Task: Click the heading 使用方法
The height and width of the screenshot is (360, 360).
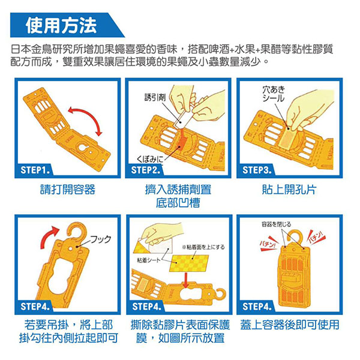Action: coord(61,25)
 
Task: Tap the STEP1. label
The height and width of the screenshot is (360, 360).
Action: coord(35,170)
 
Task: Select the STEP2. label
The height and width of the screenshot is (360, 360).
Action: coord(145,170)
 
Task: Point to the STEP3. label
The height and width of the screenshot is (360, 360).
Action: coord(257,170)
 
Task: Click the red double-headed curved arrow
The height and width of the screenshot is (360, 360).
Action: coord(87,114)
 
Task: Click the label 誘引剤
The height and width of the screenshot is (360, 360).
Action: coord(155,97)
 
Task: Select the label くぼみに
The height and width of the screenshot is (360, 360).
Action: coord(149,159)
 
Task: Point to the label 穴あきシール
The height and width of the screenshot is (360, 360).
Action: coord(274,94)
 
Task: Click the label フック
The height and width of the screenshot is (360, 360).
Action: coord(101,239)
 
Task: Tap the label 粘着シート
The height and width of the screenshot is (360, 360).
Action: coord(148,260)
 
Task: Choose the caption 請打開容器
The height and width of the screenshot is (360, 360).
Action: coord(68,190)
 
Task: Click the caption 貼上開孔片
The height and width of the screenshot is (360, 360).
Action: coord(289,190)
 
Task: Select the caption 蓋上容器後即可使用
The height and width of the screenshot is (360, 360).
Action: coord(290,325)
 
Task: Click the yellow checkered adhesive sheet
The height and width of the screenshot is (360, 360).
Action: coord(189,263)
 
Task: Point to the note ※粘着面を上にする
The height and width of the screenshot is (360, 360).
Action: coord(203,247)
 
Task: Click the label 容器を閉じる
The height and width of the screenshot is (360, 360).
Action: coord(276,224)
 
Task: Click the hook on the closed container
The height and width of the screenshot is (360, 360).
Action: coord(295,236)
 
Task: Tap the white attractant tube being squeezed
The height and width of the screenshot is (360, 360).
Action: coord(182,120)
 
